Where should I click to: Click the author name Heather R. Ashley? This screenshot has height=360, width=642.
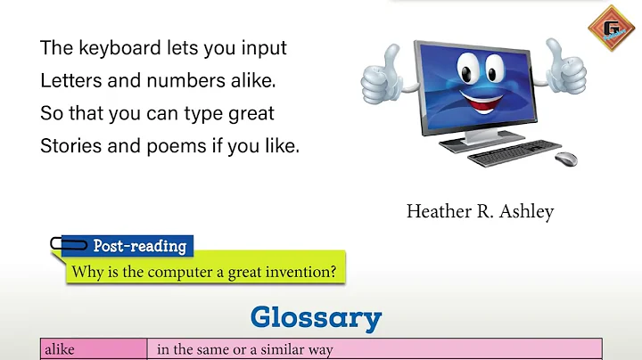click(480, 211)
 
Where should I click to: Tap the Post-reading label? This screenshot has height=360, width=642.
click(140, 246)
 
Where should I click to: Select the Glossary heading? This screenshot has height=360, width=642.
click(316, 317)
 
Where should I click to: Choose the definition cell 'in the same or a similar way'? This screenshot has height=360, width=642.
click(244, 350)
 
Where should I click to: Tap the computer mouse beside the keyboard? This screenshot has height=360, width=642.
click(566, 159)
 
